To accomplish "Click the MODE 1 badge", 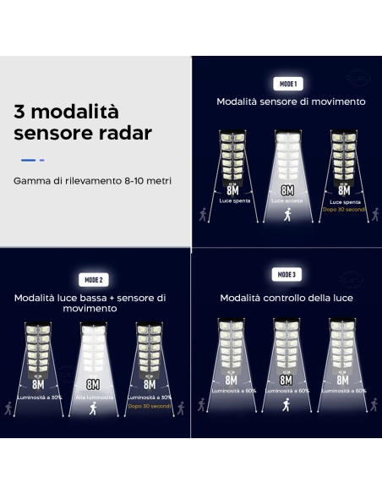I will tap(287, 84).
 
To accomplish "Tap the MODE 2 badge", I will tap(93, 280).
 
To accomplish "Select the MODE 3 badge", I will tap(286, 274).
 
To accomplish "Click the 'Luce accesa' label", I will tap(286, 201).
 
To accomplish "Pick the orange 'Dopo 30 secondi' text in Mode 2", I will tap(150, 405).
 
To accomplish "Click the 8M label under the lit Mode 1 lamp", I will tap(286, 190).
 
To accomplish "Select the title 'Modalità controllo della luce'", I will tap(286, 298).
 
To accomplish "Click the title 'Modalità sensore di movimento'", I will tap(291, 102).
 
